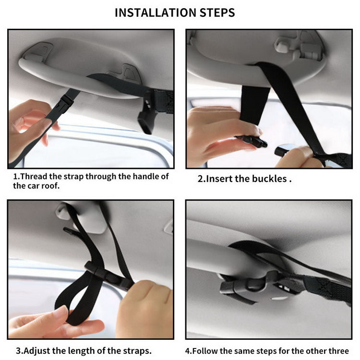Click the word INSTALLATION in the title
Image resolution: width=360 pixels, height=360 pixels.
click(155, 12)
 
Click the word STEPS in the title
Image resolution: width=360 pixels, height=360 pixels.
click(217, 12)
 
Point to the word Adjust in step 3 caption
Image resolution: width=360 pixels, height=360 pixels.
click(37, 351)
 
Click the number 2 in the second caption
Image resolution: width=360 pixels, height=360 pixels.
click(200, 179)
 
